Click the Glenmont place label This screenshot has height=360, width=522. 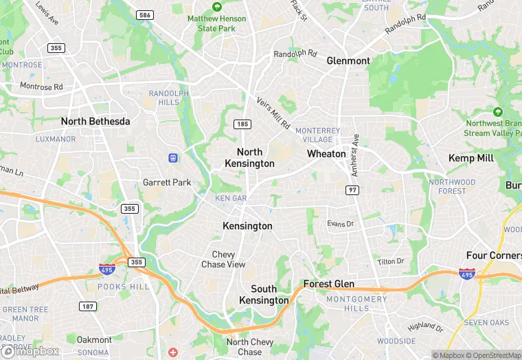[x=348, y=60]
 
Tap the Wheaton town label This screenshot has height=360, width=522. [x=326, y=154]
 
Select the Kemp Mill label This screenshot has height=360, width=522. [x=471, y=158]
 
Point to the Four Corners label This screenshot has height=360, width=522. [x=494, y=256]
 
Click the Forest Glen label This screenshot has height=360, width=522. [x=329, y=284]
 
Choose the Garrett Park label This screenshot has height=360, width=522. [x=167, y=183]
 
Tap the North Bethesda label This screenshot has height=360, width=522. [x=95, y=122]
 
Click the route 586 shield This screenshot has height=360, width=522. [x=144, y=14]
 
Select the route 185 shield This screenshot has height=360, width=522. [x=242, y=124]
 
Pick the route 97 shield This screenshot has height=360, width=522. [x=353, y=189]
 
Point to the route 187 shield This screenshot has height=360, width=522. [x=87, y=306]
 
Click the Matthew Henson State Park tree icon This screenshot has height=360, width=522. [x=216, y=6]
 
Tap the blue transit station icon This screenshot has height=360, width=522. [x=173, y=158]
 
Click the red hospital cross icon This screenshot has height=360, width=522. [x=173, y=352]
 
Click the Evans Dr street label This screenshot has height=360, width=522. [x=340, y=224]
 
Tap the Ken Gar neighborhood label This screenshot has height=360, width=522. [x=231, y=198]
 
